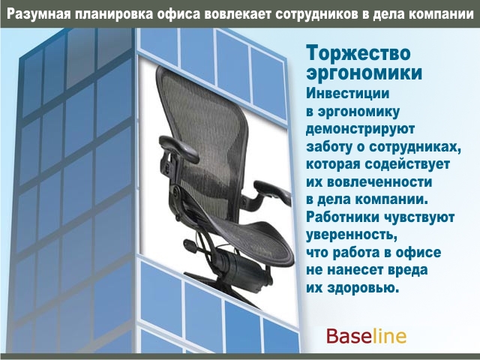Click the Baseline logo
(367, 336)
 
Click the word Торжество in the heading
(358, 52)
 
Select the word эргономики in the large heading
(364, 74)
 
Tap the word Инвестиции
(348, 94)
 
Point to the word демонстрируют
(360, 129)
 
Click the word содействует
(407, 164)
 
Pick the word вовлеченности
(379, 182)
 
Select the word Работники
(343, 217)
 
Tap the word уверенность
(349, 235)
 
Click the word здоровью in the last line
(363, 288)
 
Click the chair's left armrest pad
(179, 148)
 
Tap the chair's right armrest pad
(272, 192)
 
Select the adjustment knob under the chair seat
(190, 246)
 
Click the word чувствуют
(419, 217)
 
